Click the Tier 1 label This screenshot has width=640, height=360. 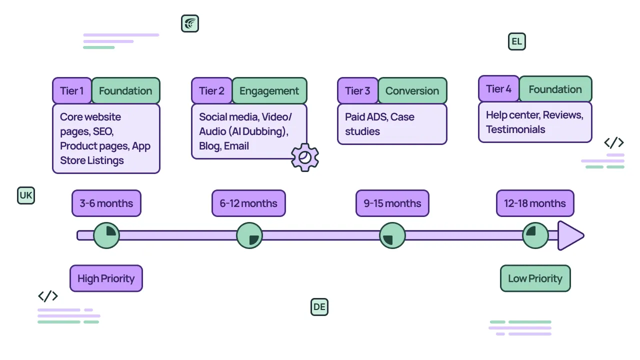tap(72, 91)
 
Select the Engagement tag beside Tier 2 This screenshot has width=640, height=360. tap(269, 91)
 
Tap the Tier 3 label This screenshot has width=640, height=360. tap(357, 91)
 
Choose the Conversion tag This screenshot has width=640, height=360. tap(412, 91)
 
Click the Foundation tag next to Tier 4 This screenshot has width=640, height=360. tap(555, 89)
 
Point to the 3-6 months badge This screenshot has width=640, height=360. tap(106, 203)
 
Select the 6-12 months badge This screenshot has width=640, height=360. tap(248, 203)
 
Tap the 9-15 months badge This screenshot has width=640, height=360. tap(392, 203)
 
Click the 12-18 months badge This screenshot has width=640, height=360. tap(535, 203)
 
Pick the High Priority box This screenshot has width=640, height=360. tap(106, 278)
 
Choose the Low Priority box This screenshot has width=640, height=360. tap(535, 278)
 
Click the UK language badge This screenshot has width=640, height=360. tap(26, 195)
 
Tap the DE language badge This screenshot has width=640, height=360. tap(319, 307)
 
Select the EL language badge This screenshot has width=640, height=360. tap(517, 41)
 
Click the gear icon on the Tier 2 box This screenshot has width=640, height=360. tap(305, 157)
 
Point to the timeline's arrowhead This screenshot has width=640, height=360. tap(570, 235)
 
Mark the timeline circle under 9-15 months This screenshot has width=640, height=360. tap(392, 235)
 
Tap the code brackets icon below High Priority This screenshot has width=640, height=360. tap(48, 296)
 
